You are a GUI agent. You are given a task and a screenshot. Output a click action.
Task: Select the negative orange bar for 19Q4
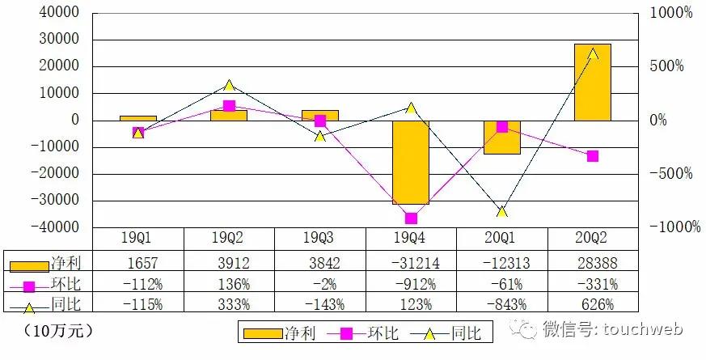tap(411, 162)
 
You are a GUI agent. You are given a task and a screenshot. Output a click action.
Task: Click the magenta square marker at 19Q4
tap(411, 218)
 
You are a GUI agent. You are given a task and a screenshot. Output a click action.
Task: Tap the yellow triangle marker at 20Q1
tap(502, 211)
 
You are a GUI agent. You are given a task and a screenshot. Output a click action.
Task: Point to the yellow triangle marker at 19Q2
tap(229, 85)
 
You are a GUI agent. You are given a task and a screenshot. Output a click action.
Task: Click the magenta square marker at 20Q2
tap(593, 156)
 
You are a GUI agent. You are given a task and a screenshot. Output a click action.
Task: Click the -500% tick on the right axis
tap(674, 173)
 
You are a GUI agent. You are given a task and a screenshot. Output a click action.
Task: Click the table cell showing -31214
tap(411, 264)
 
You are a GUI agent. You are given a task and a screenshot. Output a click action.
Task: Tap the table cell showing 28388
tap(593, 264)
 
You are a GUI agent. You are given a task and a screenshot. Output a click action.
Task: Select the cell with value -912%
tap(411, 284)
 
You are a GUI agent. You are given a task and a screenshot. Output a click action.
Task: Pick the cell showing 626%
tap(593, 304)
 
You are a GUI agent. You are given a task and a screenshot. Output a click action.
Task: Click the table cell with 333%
tap(229, 304)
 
